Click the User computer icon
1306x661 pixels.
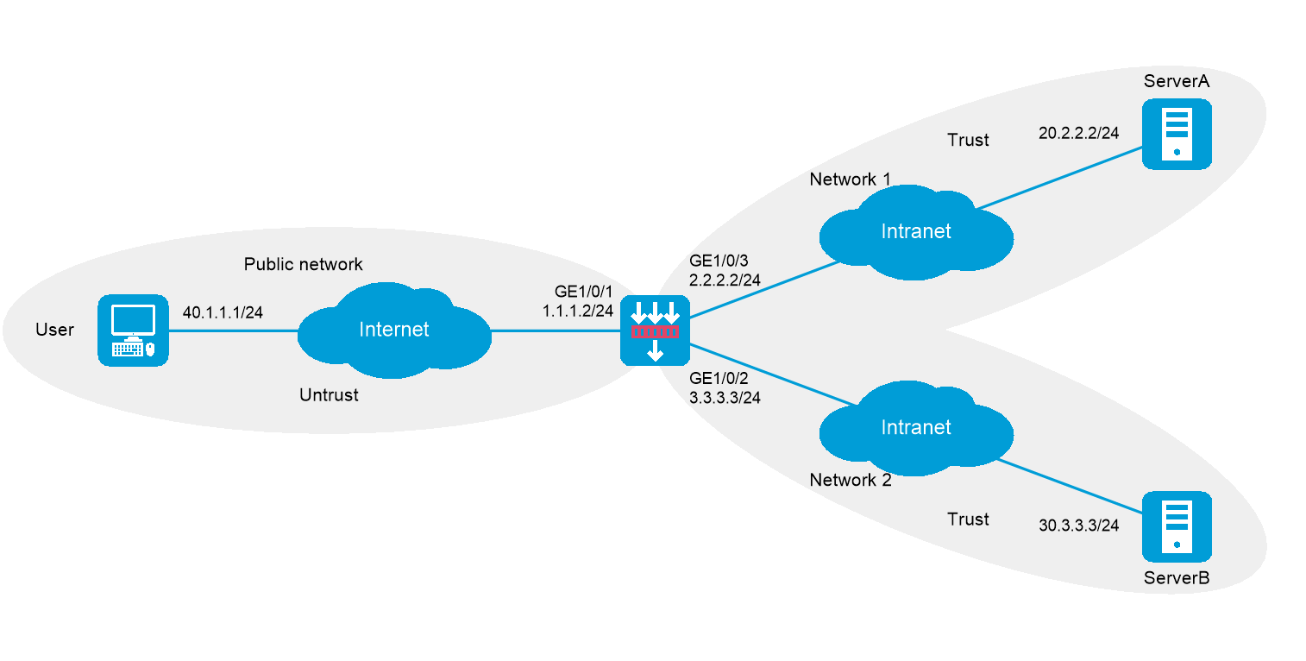pos(133,330)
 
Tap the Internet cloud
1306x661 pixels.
pos(394,330)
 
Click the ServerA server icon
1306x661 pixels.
pos(1177,134)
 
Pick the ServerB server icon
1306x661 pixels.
pos(1177,526)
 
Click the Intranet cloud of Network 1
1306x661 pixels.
pos(915,231)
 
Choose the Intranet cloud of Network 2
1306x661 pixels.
pos(915,428)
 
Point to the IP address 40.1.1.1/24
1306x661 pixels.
pos(223,312)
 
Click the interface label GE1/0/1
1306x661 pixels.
pos(584,293)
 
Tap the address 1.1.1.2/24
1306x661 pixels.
pos(578,311)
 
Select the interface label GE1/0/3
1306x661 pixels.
pos(719,261)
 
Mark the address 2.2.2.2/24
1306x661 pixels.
pos(725,280)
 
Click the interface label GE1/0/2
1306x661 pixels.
pos(719,379)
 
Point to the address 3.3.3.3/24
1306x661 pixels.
pos(725,398)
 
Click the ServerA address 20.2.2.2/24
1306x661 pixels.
pos(1078,133)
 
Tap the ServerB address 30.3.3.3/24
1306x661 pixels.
pos(1078,525)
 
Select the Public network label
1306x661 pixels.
pos(303,264)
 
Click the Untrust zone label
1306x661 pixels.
pos(329,396)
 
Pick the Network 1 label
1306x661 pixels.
pos(850,179)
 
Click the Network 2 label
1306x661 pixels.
pos(850,481)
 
